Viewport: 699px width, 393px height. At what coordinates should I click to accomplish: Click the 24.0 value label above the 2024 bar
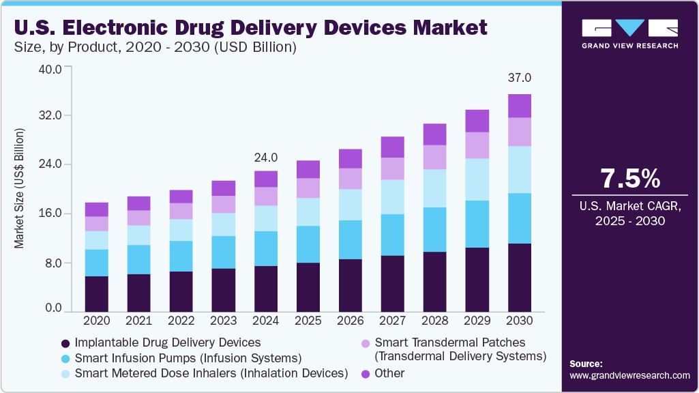(265, 158)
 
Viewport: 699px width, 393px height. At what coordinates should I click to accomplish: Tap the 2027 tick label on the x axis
(393, 320)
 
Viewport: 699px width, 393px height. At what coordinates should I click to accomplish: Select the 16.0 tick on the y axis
(53, 214)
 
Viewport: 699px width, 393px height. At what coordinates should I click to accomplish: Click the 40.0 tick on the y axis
(53, 69)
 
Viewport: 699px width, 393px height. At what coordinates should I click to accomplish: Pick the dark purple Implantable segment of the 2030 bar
(520, 277)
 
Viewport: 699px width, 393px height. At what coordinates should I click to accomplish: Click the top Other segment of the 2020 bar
(97, 209)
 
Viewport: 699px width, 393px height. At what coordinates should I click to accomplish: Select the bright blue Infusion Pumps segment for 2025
(308, 244)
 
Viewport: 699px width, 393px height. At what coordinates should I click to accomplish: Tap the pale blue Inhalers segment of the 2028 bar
(435, 188)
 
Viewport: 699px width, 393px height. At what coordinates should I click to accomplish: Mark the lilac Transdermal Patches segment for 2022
(181, 212)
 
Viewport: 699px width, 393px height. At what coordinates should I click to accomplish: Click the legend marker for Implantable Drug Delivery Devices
(65, 343)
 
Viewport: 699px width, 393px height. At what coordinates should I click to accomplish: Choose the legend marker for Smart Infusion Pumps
(65, 358)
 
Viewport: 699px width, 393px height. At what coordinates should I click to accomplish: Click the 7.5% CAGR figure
(629, 179)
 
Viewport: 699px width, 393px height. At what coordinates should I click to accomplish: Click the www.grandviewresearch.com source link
(629, 376)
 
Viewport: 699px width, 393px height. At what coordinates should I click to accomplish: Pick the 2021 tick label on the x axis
(139, 320)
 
